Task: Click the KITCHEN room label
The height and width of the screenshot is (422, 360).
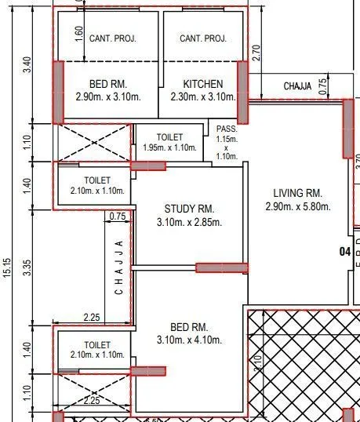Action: [203, 84]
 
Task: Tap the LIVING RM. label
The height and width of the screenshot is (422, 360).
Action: [298, 193]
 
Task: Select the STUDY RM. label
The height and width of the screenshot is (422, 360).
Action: [189, 209]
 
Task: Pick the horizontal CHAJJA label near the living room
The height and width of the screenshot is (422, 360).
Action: [298, 85]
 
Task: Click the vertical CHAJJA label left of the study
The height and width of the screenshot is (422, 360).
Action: [119, 267]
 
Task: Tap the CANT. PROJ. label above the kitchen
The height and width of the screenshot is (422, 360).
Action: [203, 38]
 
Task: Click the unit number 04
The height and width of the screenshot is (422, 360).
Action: [344, 252]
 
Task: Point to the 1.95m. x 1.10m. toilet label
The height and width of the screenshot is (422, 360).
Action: [169, 147]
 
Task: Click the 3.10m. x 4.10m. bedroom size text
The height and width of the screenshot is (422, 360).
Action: [189, 340]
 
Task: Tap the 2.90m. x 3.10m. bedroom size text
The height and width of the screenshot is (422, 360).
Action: [108, 97]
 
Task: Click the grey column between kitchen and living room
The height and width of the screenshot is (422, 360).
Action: [242, 93]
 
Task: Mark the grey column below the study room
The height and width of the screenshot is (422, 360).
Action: [221, 267]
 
